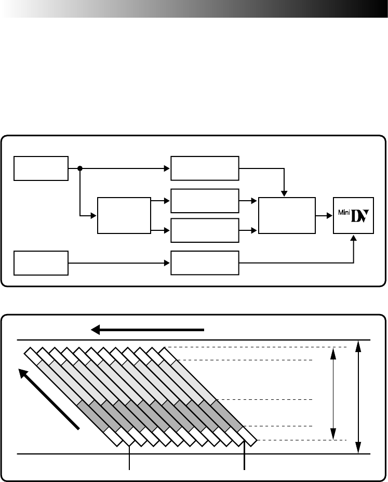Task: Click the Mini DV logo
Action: coord(354,216)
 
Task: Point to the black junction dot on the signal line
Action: coord(80,168)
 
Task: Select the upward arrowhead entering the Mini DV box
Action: coord(354,238)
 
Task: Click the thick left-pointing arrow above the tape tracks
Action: coord(148,330)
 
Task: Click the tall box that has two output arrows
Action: coord(124,216)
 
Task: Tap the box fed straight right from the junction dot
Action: coord(205,168)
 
